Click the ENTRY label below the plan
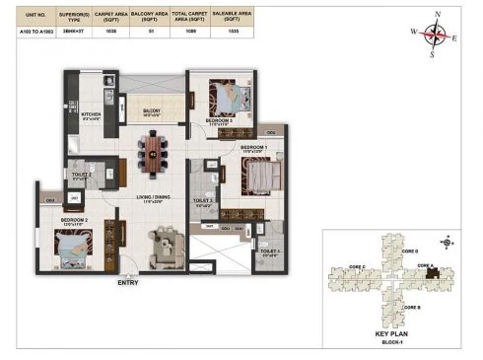pos(127,284)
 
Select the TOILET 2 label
pos(82,174)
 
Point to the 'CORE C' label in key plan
pos(357,267)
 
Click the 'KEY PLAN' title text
pos(391,334)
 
